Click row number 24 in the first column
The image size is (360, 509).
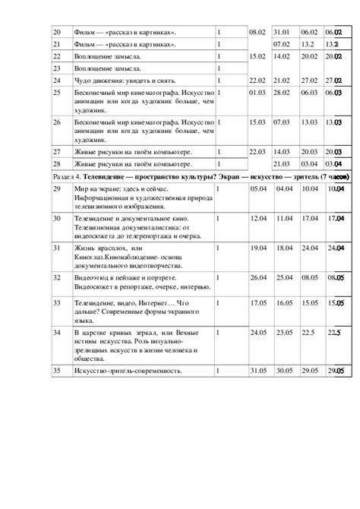55,80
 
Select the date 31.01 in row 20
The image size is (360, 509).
283,31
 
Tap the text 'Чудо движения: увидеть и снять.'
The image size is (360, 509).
125,80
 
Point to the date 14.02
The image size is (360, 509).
283,55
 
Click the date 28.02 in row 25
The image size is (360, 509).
283,92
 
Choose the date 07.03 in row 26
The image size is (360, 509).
283,121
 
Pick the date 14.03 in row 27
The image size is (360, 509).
283,151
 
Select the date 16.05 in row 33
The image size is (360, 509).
284,302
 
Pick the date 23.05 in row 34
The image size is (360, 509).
284,332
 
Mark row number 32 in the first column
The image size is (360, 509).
55,277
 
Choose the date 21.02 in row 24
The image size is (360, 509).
283,80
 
